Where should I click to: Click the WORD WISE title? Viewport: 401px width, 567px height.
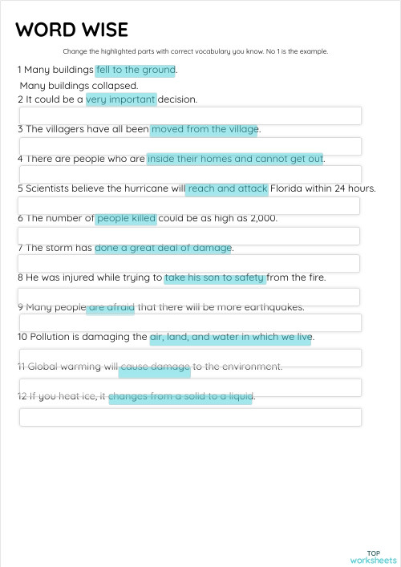pyautogui.click(x=71, y=30)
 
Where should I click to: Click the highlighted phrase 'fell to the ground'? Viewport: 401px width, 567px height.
pyautogui.click(x=135, y=70)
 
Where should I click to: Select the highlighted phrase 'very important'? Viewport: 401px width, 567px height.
pyautogui.click(x=121, y=99)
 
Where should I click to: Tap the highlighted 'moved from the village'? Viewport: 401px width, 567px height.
pyautogui.click(x=205, y=128)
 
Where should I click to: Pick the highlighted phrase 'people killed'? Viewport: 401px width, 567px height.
pyautogui.click(x=126, y=218)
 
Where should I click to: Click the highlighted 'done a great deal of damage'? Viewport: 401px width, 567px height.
pyautogui.click(x=163, y=247)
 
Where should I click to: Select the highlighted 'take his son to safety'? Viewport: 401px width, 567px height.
pyautogui.click(x=214, y=277)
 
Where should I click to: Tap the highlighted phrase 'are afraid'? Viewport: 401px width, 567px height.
pyautogui.click(x=111, y=306)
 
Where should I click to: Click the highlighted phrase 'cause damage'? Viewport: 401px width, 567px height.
pyautogui.click(x=155, y=367)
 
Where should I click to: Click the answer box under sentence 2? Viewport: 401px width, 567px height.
pyautogui.click(x=190, y=115)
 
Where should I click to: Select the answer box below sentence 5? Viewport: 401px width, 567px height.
pyautogui.click(x=190, y=206)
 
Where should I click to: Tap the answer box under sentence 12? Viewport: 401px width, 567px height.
pyautogui.click(x=190, y=417)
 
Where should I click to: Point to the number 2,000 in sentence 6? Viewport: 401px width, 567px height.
pyautogui.click(x=263, y=218)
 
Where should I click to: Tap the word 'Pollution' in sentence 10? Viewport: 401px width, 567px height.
pyautogui.click(x=55, y=337)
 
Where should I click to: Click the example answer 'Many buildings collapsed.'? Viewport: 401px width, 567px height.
pyautogui.click(x=79, y=85)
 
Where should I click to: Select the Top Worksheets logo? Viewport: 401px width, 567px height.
pyautogui.click(x=373, y=557)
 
